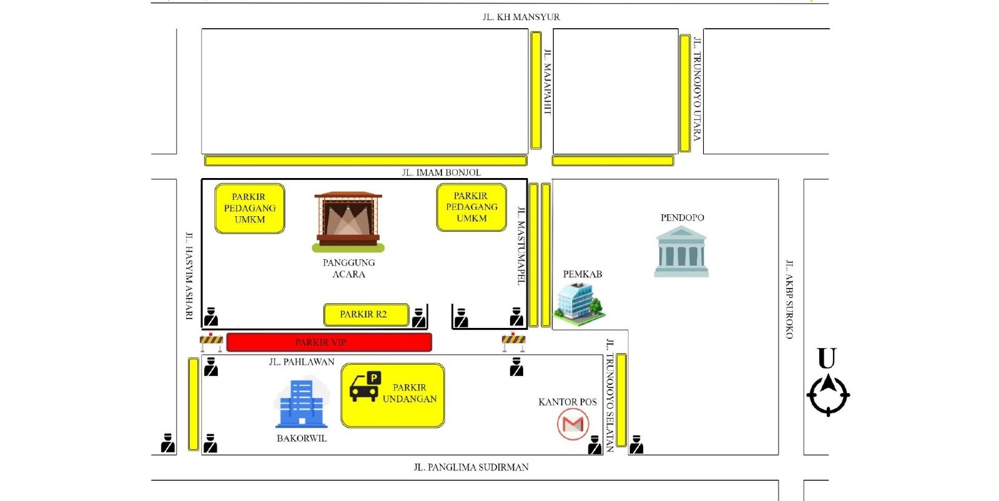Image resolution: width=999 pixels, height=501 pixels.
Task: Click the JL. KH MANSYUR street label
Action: [521, 17]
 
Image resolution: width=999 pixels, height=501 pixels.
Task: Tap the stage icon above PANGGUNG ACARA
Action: [348, 222]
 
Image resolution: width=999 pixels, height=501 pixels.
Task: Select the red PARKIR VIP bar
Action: [329, 342]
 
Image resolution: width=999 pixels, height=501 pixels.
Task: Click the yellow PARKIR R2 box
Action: [366, 314]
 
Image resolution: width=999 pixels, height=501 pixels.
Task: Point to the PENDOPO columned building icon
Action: [681, 252]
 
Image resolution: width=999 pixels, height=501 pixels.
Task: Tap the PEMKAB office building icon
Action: [579, 304]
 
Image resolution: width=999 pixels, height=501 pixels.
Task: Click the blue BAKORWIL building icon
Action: [302, 404]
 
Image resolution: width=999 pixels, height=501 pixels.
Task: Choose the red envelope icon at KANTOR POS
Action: [573, 424]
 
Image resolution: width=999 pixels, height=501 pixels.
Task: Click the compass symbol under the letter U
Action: [828, 395]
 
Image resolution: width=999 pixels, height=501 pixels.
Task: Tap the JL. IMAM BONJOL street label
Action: [441, 172]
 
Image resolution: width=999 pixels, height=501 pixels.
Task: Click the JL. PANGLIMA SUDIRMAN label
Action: [471, 467]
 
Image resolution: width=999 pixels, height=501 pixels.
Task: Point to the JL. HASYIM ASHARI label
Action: [190, 275]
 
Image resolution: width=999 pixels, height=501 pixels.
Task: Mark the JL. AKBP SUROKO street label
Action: [789, 300]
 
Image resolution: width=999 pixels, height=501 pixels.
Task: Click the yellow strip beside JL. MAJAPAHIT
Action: [536, 90]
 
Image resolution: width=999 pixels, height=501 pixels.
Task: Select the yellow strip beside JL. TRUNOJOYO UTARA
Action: [684, 93]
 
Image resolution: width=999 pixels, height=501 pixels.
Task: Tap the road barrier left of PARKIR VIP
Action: [212, 342]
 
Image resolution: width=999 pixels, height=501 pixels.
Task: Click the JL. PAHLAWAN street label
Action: [302, 362]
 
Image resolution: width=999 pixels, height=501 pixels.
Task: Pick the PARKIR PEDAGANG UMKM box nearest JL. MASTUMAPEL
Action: [471, 207]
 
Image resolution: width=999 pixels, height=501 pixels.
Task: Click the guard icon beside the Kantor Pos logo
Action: [594, 445]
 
